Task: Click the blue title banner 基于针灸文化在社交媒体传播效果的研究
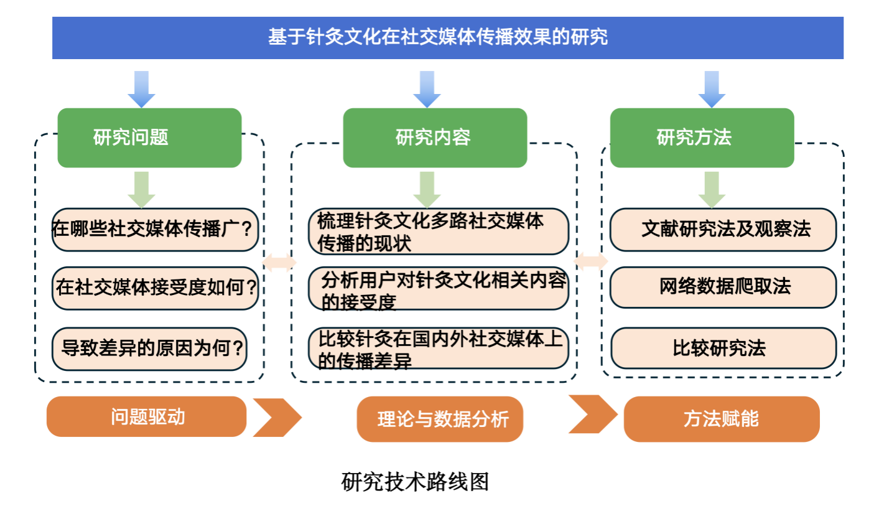[448, 38]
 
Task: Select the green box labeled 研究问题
[149, 138]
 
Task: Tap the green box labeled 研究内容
[435, 138]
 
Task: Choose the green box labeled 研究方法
[702, 138]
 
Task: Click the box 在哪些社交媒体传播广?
[155, 230]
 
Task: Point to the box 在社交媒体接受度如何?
[155, 288]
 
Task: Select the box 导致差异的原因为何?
[149, 349]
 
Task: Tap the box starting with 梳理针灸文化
[439, 232]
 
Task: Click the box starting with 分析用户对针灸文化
[439, 289]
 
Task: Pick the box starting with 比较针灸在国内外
[439, 348]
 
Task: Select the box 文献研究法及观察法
[723, 230]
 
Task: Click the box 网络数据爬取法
[723, 288]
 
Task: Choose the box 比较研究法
[723, 348]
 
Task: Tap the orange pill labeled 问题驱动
[146, 416]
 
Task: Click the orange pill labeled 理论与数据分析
[440, 419]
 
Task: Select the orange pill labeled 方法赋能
[722, 419]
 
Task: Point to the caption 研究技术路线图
[415, 482]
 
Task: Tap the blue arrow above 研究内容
[427, 90]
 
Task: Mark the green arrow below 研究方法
[712, 190]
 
